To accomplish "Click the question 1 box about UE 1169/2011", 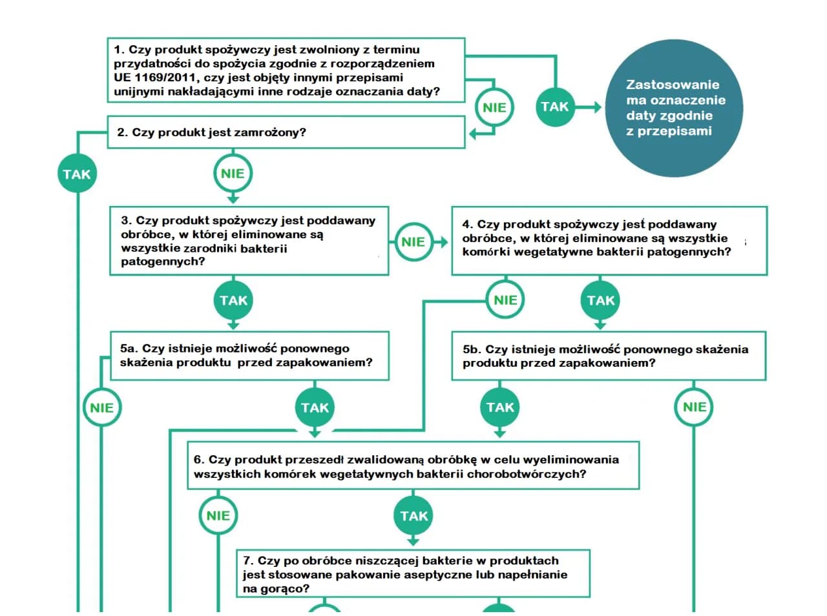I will point(286,70).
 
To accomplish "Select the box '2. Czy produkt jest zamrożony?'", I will point(286,132).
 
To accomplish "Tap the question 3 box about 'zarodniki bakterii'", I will point(249,241).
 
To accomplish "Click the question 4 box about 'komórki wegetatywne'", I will point(609,240).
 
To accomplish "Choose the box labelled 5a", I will point(249,355).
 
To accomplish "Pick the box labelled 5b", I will point(607,356).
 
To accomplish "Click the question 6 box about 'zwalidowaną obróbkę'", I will point(412,466).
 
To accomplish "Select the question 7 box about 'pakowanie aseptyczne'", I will point(412,573).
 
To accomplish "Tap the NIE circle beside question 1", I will point(494,107).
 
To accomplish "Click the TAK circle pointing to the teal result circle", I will point(554,107).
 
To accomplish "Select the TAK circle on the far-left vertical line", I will point(77,174).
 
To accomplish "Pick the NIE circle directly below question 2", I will point(233,173).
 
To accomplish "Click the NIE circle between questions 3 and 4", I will point(413,241).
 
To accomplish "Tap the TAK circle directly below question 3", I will point(233,300).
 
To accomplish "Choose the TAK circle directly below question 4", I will point(601,300).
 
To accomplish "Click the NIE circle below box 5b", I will point(694,407).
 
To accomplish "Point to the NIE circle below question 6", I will point(218,515).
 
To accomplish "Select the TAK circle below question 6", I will point(413,515).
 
